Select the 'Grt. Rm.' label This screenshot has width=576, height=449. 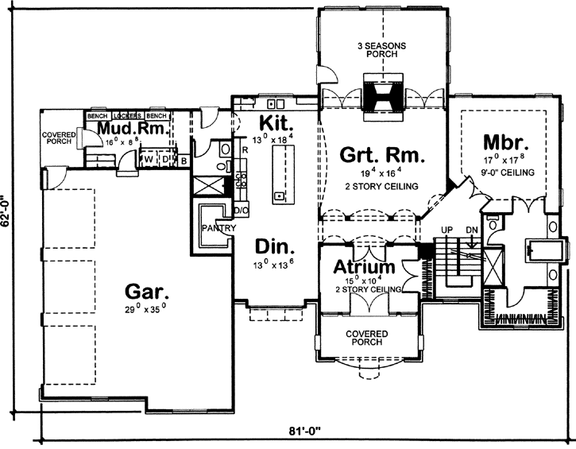[379, 154]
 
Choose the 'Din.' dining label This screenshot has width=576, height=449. [270, 246]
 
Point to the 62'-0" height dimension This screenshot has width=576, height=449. [8, 214]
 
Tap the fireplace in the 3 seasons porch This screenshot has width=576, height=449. [383, 92]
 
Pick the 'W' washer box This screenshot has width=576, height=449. [148, 159]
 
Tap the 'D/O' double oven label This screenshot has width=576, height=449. [242, 211]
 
